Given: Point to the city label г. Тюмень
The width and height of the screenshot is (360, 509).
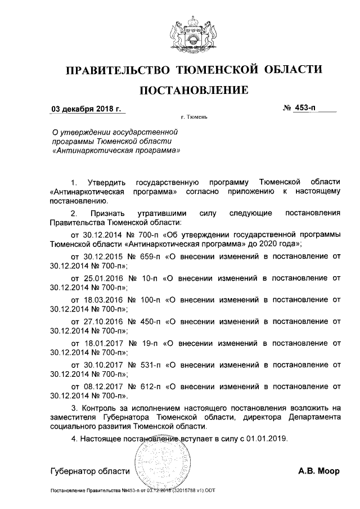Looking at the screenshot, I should [195, 118].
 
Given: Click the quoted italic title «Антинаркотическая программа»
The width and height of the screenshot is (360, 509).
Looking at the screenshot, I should [116, 151].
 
